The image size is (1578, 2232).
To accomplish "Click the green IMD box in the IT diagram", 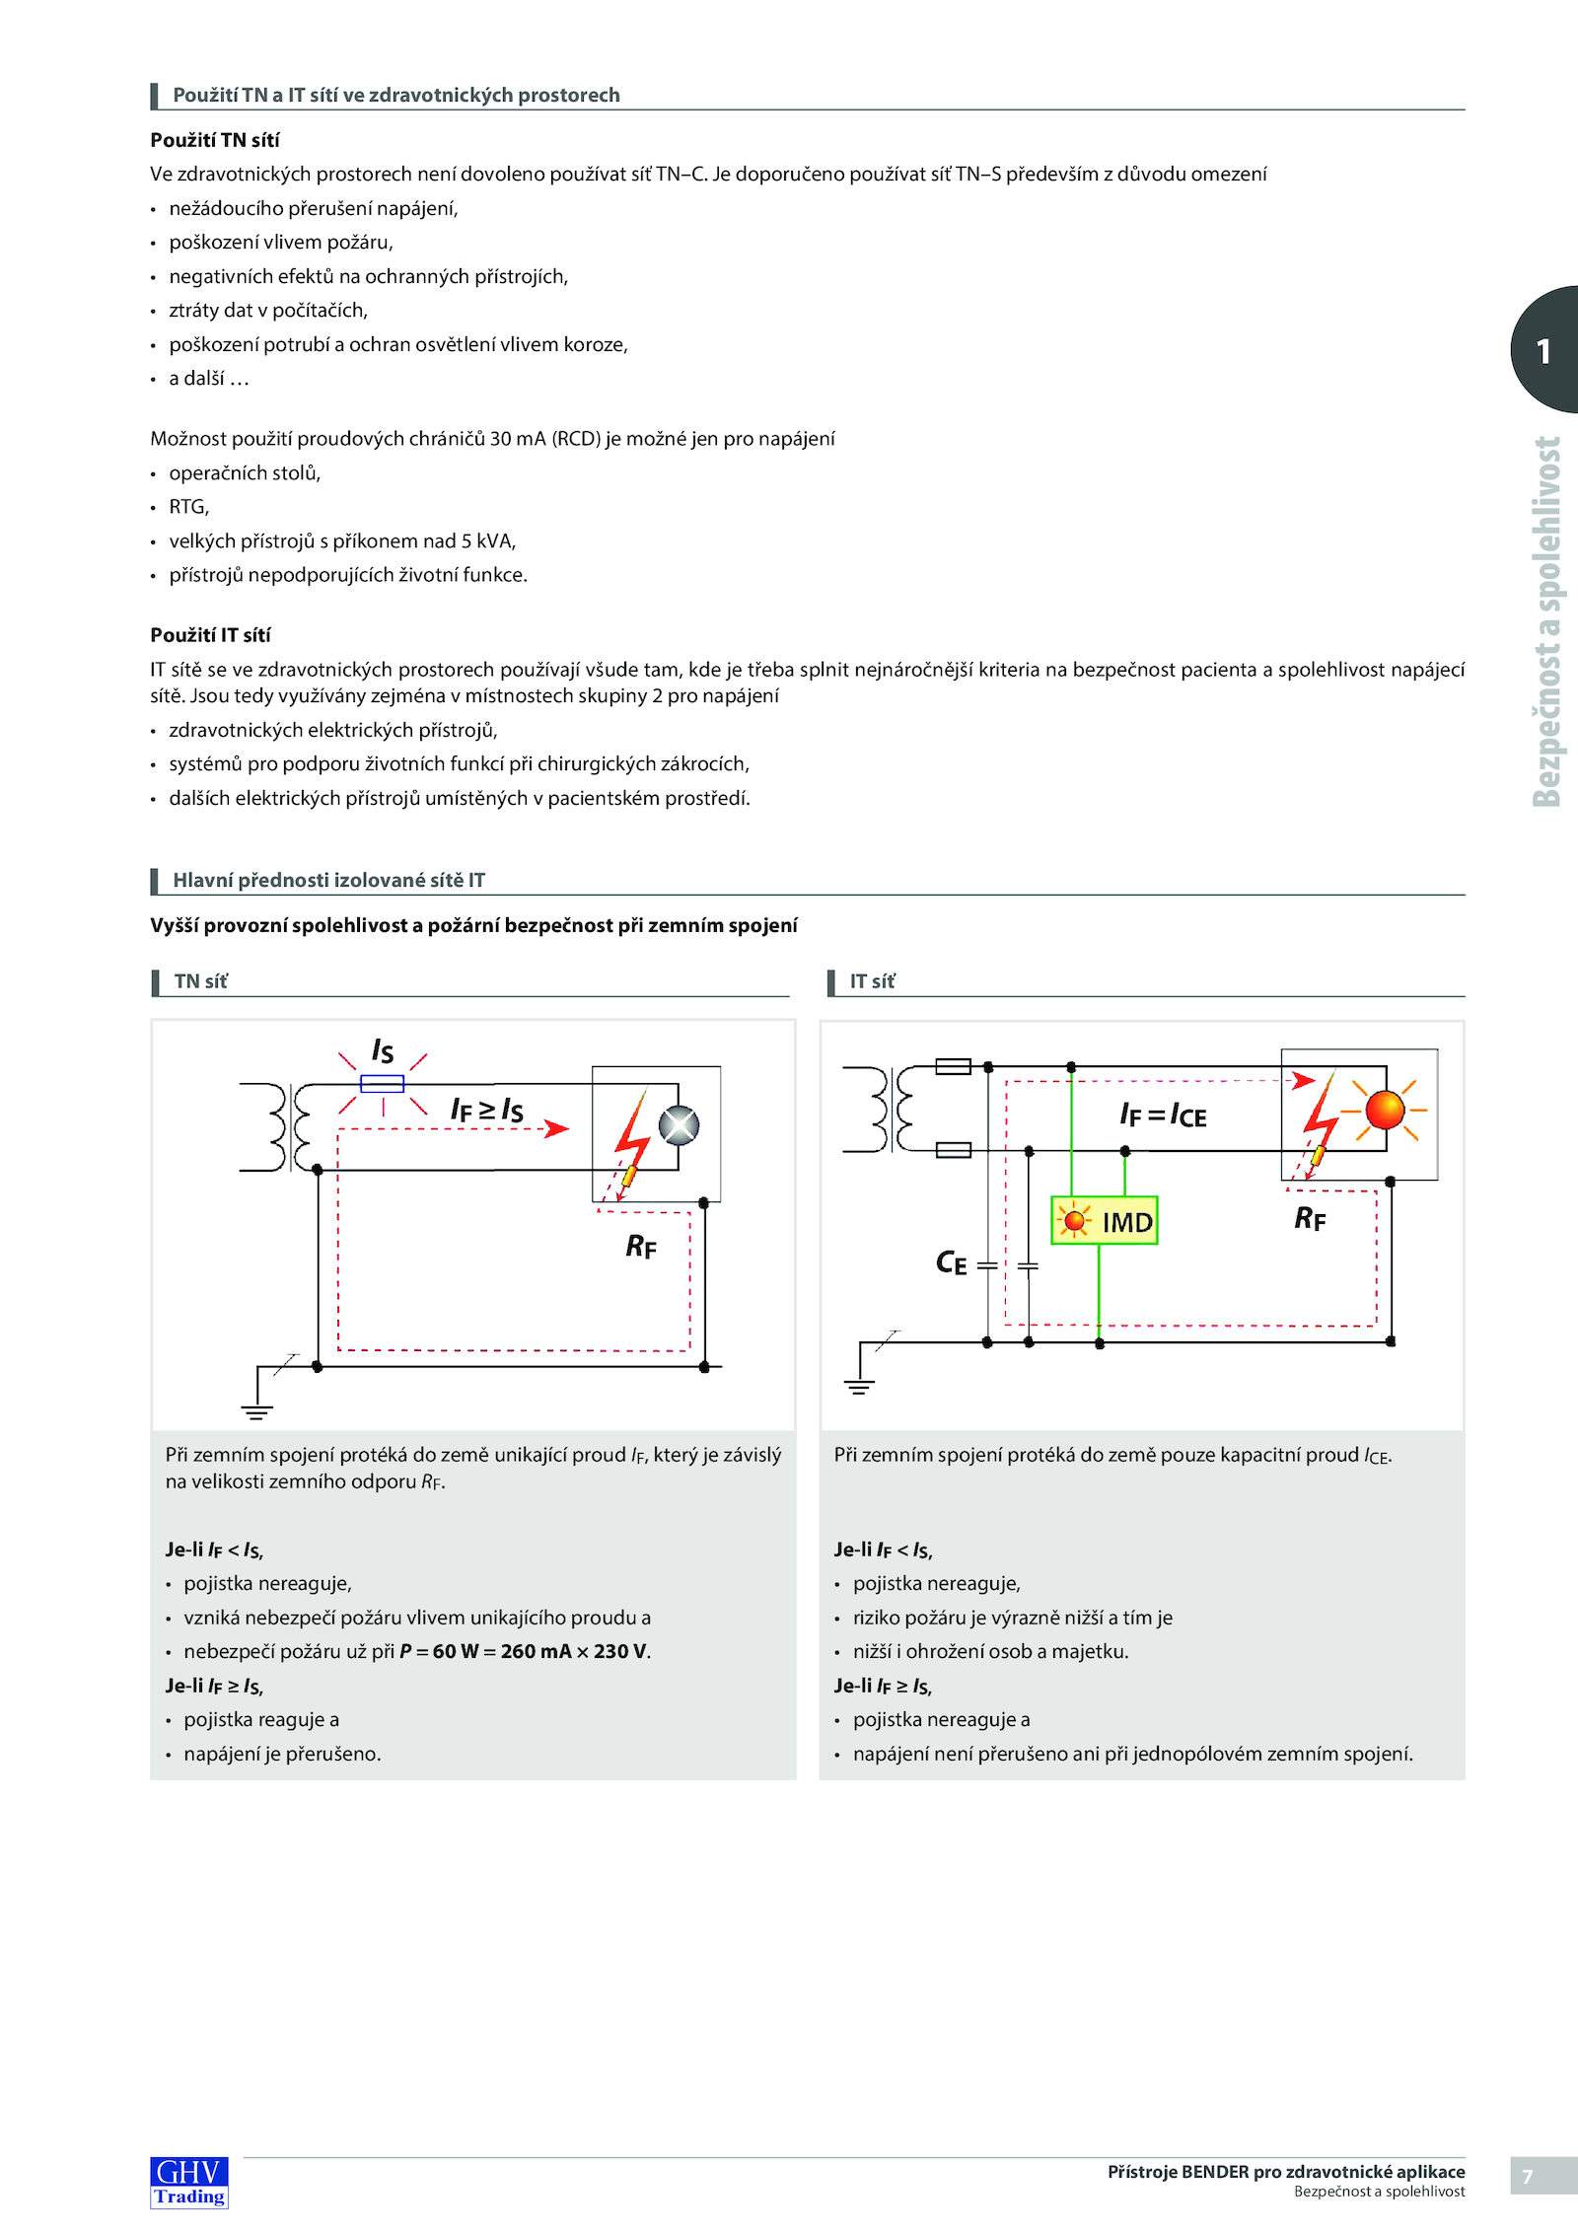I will (x=1104, y=1221).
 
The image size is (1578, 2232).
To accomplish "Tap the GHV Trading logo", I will (x=189, y=2182).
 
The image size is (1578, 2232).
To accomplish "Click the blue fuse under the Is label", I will (x=382, y=1084).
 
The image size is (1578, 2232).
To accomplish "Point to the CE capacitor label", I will (x=951, y=1262).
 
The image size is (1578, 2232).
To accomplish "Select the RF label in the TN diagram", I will (x=641, y=1247).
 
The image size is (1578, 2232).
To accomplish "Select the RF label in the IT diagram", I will (x=1310, y=1219).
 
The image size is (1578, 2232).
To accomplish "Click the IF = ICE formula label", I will (x=1163, y=1116).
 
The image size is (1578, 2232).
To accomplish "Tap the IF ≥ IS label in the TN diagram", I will (x=486, y=1110).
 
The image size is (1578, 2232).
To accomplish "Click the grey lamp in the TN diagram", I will (x=679, y=1125).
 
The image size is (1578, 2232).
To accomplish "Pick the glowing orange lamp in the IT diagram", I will (x=1385, y=1110).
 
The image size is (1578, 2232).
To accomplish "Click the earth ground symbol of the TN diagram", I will (x=256, y=1411).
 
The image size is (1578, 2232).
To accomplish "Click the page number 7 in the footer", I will (x=1528, y=2177).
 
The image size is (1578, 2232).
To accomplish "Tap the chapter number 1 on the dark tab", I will (x=1543, y=351).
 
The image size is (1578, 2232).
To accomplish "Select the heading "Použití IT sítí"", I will (x=210, y=635).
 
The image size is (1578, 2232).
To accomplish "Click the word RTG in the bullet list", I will (x=187, y=507).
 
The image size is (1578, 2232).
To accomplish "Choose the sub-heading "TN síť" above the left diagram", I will (x=200, y=981).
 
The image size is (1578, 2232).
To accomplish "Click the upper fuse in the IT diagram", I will (x=953, y=1066).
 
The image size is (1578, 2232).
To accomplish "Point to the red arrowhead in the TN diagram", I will (x=558, y=1128).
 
